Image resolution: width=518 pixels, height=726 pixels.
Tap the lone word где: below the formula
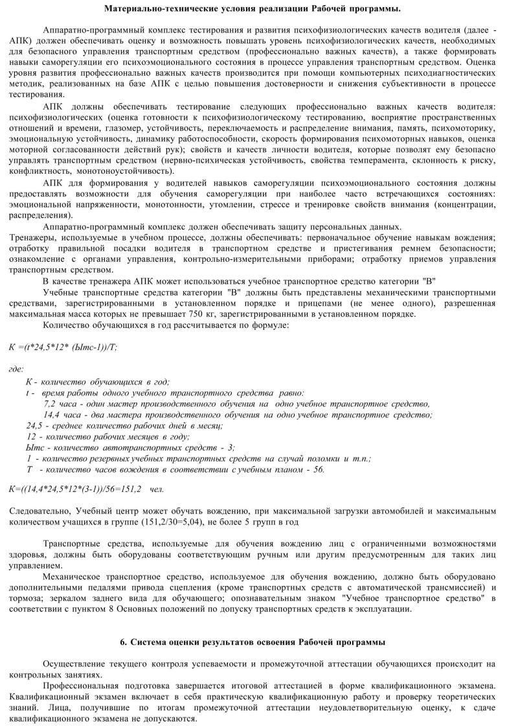16,369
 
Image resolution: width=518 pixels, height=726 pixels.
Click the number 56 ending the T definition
318,469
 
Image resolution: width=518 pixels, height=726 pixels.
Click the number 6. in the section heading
124,642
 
